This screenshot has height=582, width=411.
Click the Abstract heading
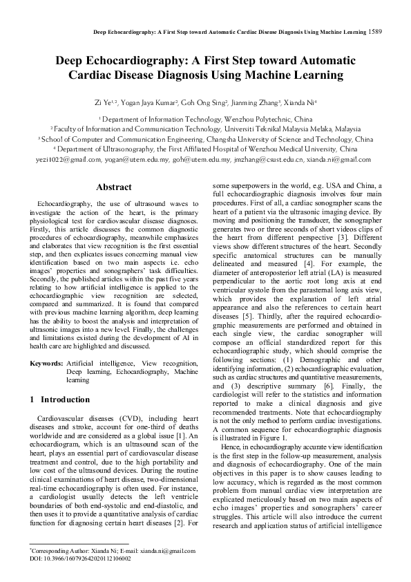[x=114, y=187]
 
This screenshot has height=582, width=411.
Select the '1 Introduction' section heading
[x=60, y=400]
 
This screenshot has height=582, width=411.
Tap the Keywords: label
[x=47, y=363]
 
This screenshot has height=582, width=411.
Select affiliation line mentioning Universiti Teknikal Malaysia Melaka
[x=205, y=129]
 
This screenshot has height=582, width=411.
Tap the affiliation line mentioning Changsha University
[x=205, y=139]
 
